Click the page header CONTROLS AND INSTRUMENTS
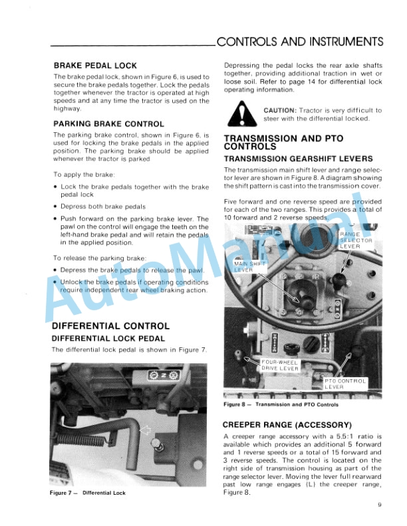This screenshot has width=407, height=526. point(300,41)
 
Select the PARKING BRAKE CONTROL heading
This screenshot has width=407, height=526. point(108,124)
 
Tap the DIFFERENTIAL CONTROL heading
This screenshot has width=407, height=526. point(110,326)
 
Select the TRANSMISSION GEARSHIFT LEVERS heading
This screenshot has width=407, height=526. point(298,159)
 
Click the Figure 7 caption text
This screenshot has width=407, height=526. point(88,493)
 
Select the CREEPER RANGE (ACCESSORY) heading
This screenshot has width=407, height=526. point(287,424)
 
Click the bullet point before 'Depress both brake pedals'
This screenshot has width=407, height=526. point(54,207)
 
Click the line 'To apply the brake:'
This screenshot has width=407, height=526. point(84,175)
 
